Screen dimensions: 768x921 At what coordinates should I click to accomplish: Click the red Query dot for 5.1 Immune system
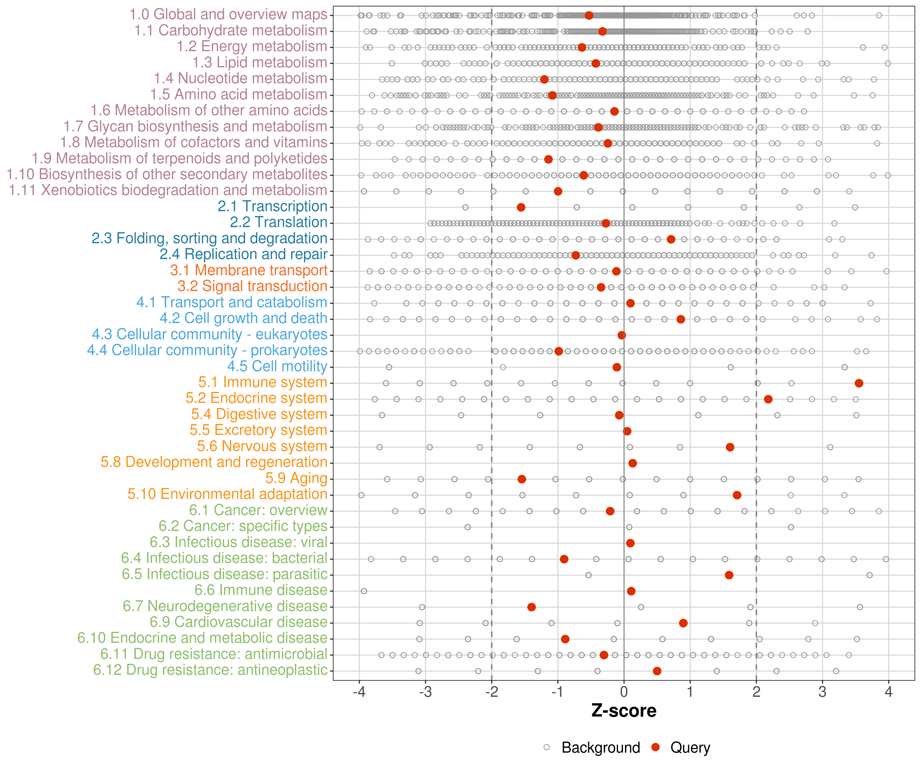tap(859, 383)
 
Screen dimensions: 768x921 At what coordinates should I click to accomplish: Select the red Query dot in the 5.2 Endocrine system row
tap(768, 399)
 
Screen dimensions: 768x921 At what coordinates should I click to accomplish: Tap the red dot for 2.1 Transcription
tap(521, 207)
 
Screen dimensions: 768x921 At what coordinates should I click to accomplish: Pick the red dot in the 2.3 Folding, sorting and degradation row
tap(671, 239)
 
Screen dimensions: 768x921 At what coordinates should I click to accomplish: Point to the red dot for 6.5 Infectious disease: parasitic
tap(729, 575)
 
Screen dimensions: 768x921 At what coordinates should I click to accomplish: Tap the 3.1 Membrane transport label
tap(249, 270)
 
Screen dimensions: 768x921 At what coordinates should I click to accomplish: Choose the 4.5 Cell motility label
tap(277, 366)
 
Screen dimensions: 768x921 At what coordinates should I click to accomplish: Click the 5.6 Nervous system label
tap(262, 446)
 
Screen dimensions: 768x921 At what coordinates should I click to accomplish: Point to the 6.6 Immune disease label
tap(261, 590)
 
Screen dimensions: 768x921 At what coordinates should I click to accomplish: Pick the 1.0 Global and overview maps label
tap(228, 15)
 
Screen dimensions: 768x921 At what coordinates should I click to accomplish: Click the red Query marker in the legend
tap(656, 747)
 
